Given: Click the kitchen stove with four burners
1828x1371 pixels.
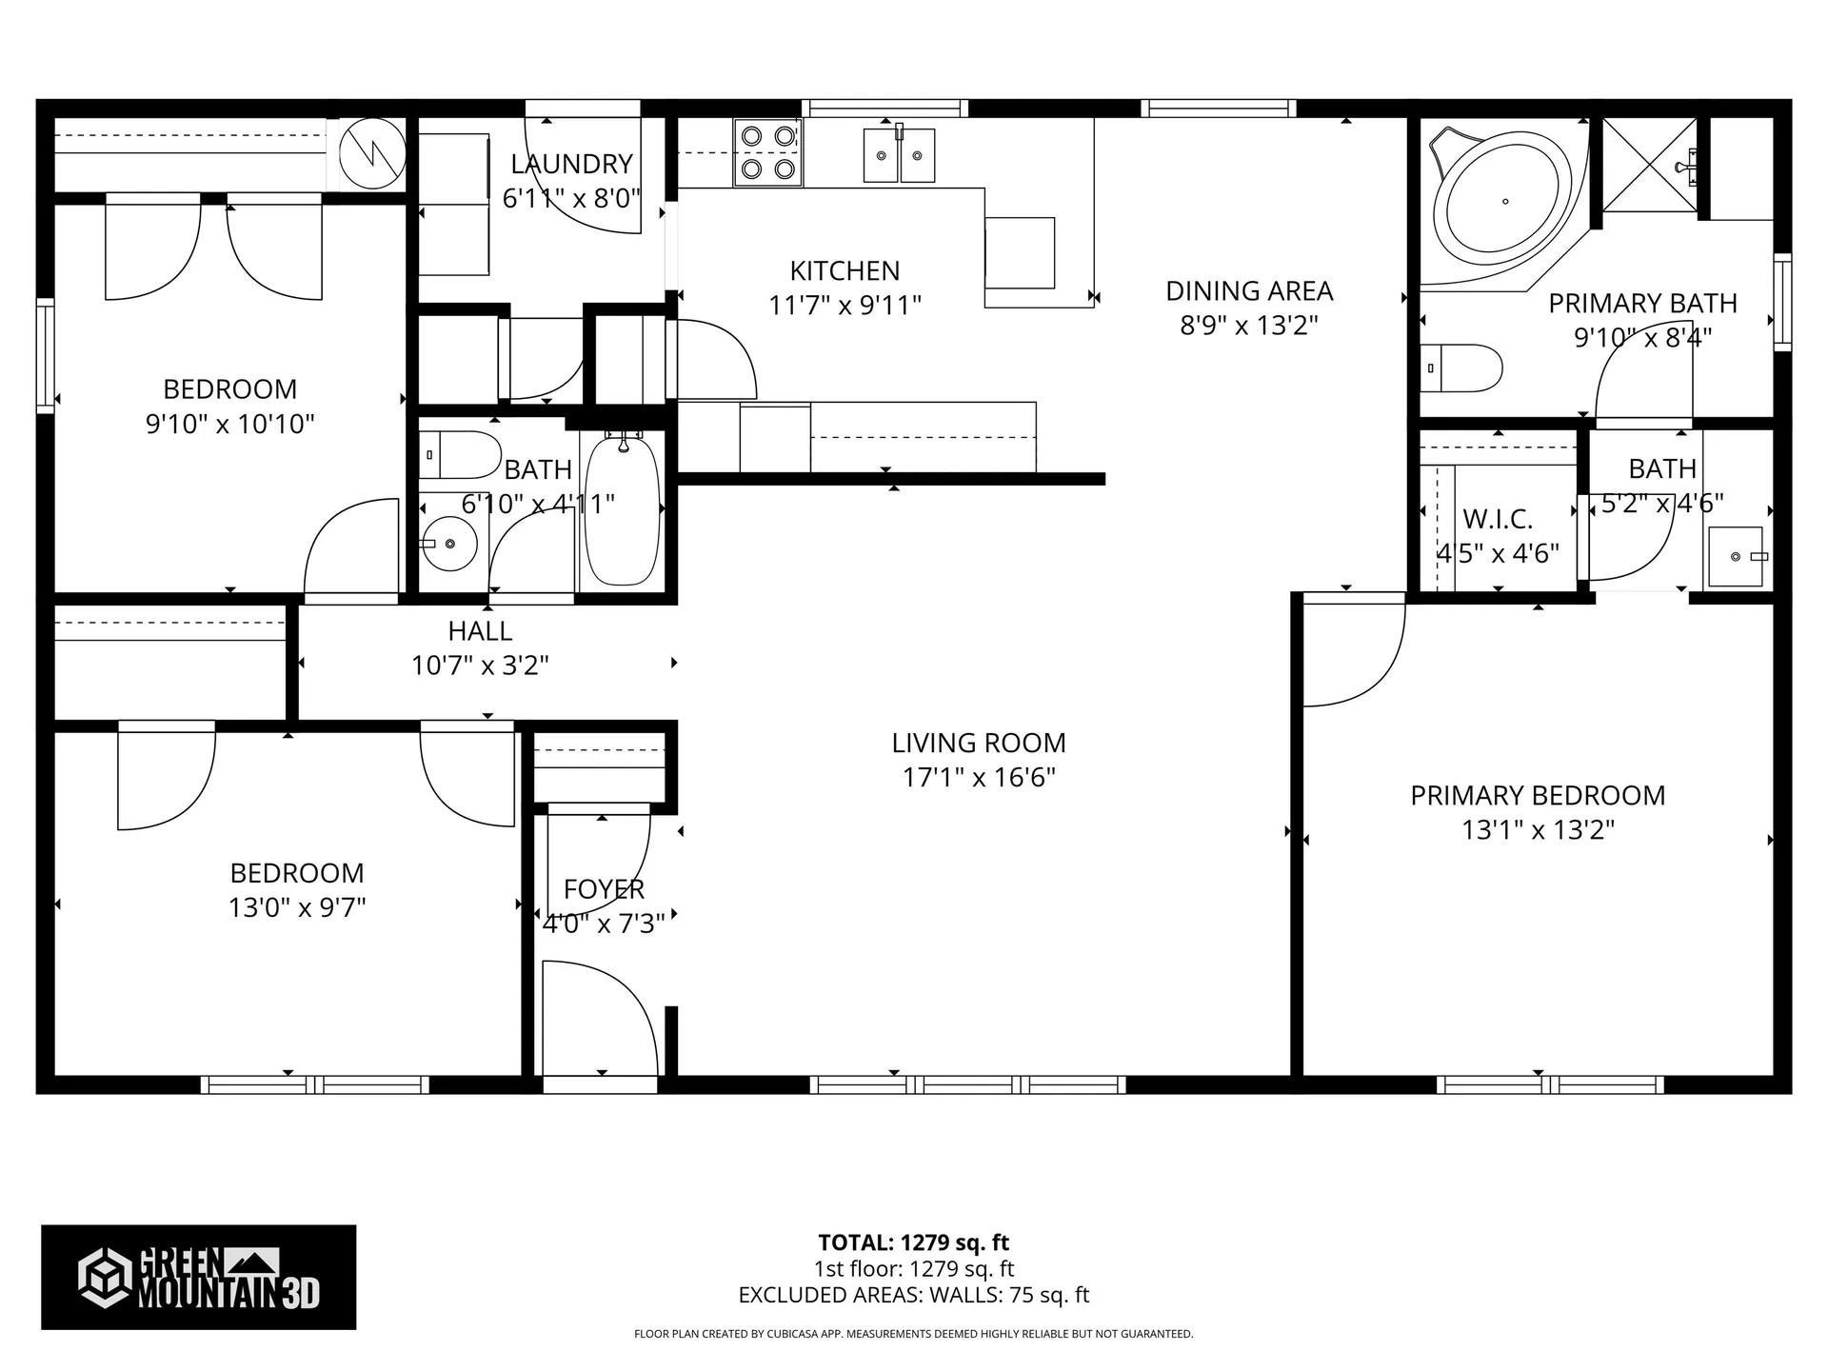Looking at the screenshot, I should (766, 152).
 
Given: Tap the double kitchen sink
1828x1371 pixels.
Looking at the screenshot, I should (899, 155).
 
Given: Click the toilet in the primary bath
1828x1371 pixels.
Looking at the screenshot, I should (1461, 368).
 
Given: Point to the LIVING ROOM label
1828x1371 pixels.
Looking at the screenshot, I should (979, 743).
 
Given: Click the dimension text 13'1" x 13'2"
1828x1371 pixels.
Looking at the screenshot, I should (1538, 830).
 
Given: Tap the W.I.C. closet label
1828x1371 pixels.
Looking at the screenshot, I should (1498, 519).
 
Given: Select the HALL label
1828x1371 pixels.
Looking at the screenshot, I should (480, 630).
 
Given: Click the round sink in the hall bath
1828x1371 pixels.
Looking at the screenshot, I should (448, 544).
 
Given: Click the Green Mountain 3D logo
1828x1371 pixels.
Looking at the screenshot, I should (198, 1277).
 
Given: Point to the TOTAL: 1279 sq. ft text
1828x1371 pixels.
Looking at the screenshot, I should (913, 1242).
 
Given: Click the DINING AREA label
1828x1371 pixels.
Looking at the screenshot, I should (1249, 290).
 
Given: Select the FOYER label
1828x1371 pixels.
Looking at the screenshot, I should (604, 889).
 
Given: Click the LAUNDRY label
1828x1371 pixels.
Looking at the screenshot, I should (571, 164).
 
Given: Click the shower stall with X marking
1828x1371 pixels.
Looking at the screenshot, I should (1649, 164).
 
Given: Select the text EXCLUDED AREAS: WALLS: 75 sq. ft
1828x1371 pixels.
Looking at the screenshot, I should (913, 1295).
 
